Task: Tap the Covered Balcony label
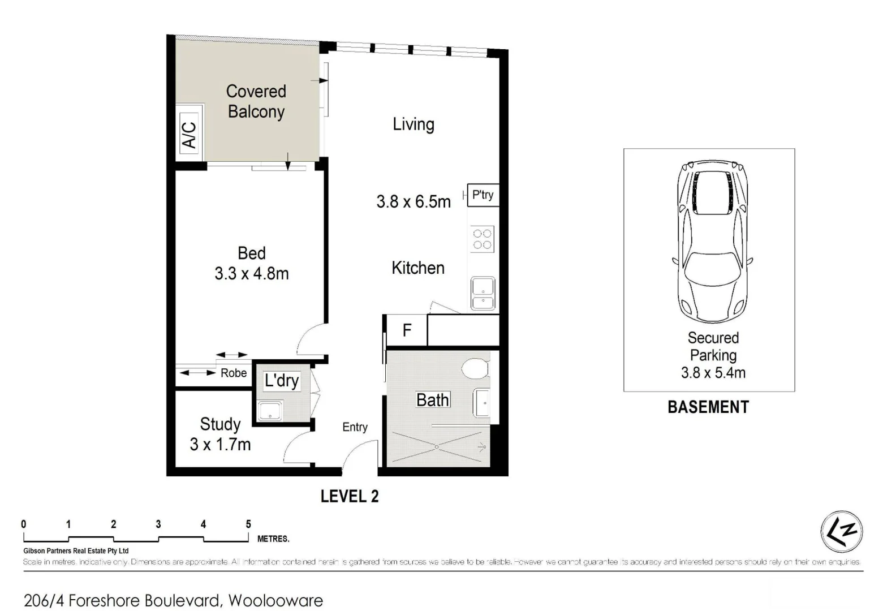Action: click(x=256, y=101)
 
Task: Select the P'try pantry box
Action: click(x=483, y=195)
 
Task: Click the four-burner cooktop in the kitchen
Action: click(x=483, y=239)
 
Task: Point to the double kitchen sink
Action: click(x=483, y=294)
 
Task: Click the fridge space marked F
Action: click(x=407, y=330)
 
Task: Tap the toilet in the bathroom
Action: click(x=475, y=370)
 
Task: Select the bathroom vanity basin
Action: click(x=482, y=403)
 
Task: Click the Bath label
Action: click(x=433, y=400)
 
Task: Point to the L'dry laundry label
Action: click(x=281, y=380)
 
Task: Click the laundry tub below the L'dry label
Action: click(x=270, y=411)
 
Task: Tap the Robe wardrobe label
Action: click(x=234, y=373)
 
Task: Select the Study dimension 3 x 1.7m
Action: click(x=220, y=445)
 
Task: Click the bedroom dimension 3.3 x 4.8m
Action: click(x=252, y=274)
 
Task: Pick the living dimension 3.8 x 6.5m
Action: click(x=413, y=201)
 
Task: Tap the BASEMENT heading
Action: click(x=708, y=407)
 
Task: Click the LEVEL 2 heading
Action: click(x=350, y=496)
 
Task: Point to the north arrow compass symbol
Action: click(x=841, y=532)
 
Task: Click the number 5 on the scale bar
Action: click(x=248, y=524)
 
